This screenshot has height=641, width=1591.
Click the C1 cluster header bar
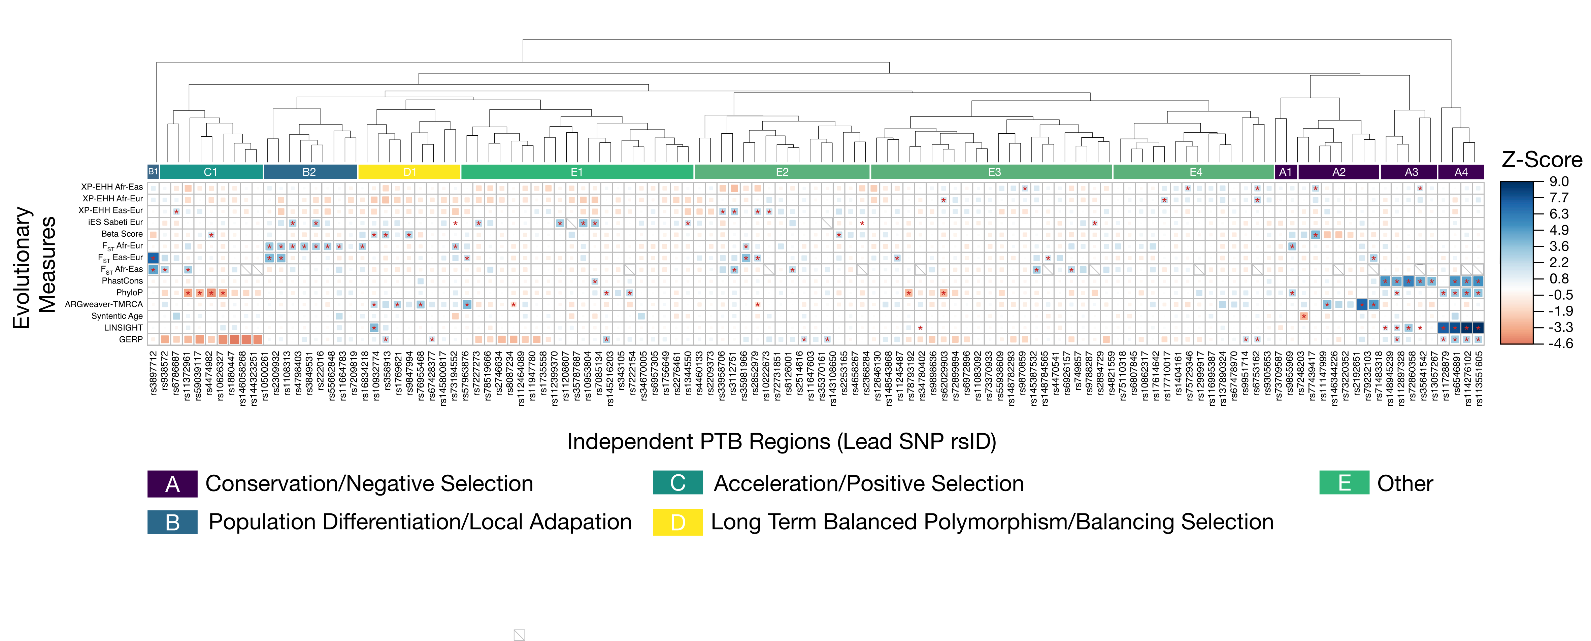pyautogui.click(x=210, y=172)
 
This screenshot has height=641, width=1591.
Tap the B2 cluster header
pyautogui.click(x=309, y=172)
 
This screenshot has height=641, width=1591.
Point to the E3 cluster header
pyautogui.click(x=994, y=172)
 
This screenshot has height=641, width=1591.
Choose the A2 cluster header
pyautogui.click(x=1338, y=172)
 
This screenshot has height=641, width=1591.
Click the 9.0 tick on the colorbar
pyautogui.click(x=1559, y=181)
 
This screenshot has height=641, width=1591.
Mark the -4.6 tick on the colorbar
pyautogui.click(x=1560, y=343)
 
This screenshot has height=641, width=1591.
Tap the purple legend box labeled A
pyautogui.click(x=172, y=483)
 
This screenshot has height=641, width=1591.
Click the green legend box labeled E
pyautogui.click(x=1344, y=483)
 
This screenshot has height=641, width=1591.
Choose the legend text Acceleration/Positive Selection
pyautogui.click(x=868, y=483)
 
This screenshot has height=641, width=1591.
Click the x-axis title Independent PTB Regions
pyautogui.click(x=781, y=442)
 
